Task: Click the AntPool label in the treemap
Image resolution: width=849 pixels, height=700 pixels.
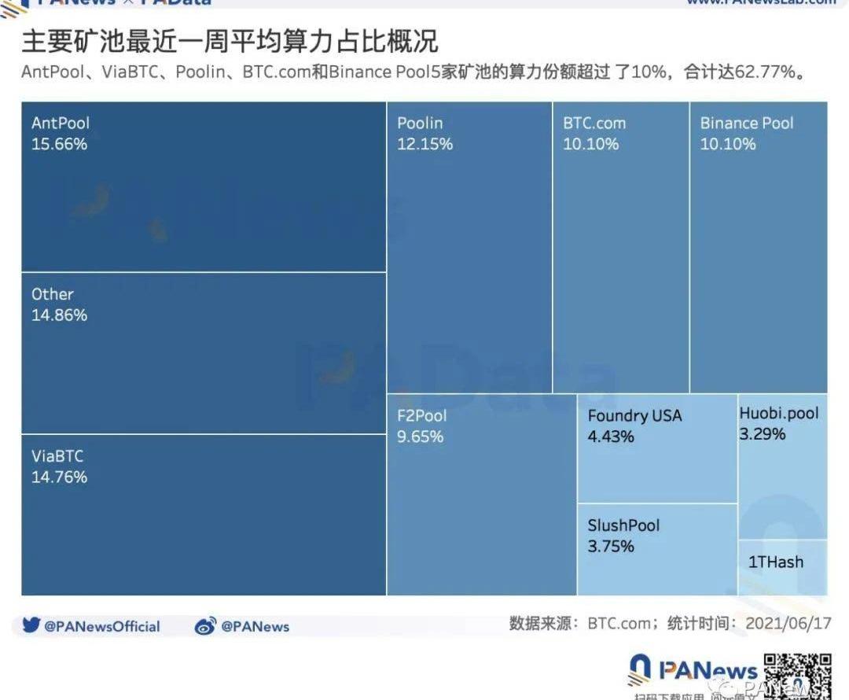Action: click(61, 123)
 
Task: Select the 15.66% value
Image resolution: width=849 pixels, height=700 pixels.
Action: click(59, 144)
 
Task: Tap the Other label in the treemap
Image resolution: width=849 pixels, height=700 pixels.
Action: click(53, 294)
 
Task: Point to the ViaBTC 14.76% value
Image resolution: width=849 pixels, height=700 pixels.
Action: click(59, 477)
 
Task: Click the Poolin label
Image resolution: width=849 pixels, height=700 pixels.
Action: click(420, 123)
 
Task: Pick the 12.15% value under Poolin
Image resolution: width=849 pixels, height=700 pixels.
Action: click(424, 144)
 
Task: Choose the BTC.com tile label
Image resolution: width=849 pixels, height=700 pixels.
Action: click(594, 123)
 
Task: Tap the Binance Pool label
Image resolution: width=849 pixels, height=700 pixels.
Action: click(747, 123)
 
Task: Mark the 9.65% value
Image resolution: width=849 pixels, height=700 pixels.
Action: click(420, 437)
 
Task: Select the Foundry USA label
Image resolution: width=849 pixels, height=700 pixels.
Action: click(635, 416)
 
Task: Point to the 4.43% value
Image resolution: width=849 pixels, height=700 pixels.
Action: click(611, 437)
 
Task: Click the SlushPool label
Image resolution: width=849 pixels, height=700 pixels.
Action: click(624, 525)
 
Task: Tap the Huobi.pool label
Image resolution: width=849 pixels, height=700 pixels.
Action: click(779, 413)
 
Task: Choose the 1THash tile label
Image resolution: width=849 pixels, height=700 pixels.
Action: click(776, 562)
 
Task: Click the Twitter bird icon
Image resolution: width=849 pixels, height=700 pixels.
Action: click(31, 626)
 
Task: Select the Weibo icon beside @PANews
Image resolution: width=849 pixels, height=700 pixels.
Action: click(205, 626)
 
